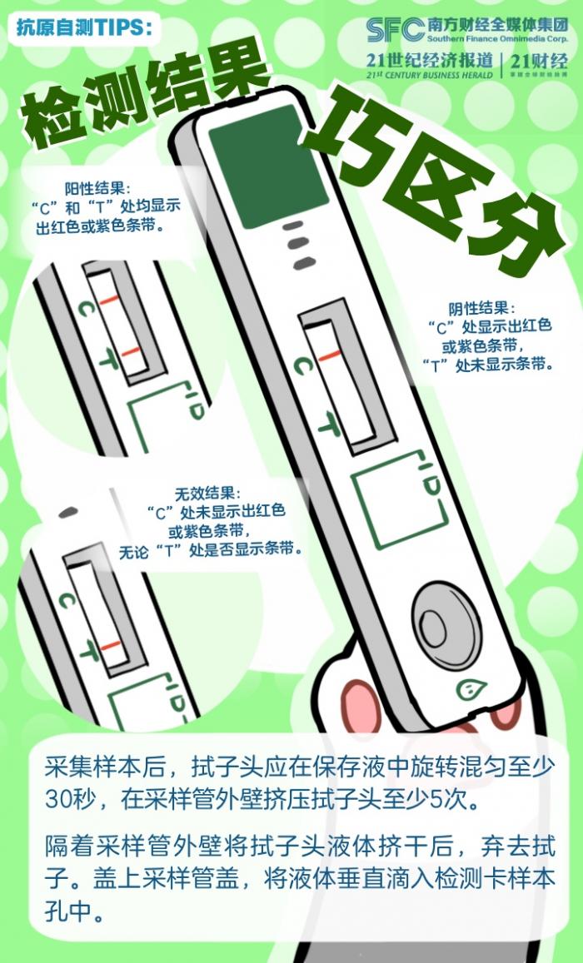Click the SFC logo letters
(x=395, y=29)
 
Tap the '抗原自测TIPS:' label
(x=83, y=28)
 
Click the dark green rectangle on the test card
(x=268, y=166)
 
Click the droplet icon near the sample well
(x=471, y=688)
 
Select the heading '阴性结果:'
(x=482, y=308)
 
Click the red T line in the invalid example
(x=111, y=646)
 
